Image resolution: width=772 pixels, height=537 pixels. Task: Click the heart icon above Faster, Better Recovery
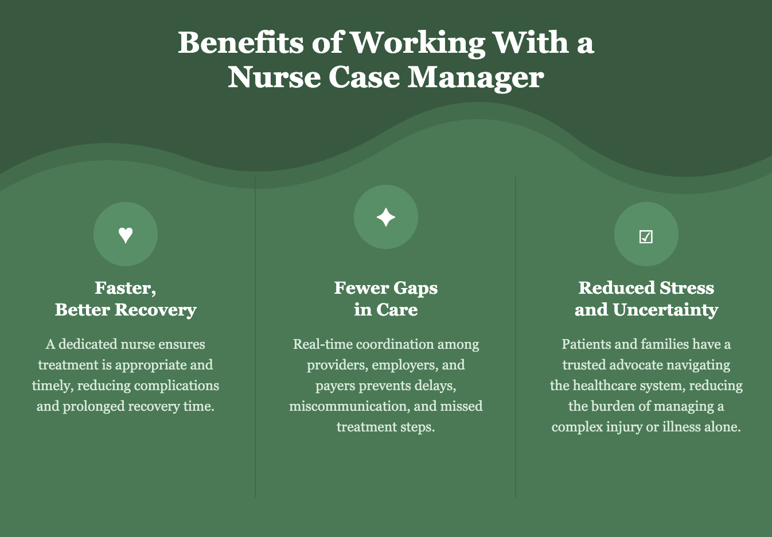pos(126,235)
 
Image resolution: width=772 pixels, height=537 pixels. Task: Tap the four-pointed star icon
pos(386,217)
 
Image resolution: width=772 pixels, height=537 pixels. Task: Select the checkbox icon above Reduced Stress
pos(646,236)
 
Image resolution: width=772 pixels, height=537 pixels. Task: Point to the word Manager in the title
pos(475,77)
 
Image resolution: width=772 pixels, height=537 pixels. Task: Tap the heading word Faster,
pos(126,288)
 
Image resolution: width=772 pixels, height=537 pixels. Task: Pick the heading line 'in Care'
pos(386,310)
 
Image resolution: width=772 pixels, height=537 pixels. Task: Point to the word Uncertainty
pos(665,310)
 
